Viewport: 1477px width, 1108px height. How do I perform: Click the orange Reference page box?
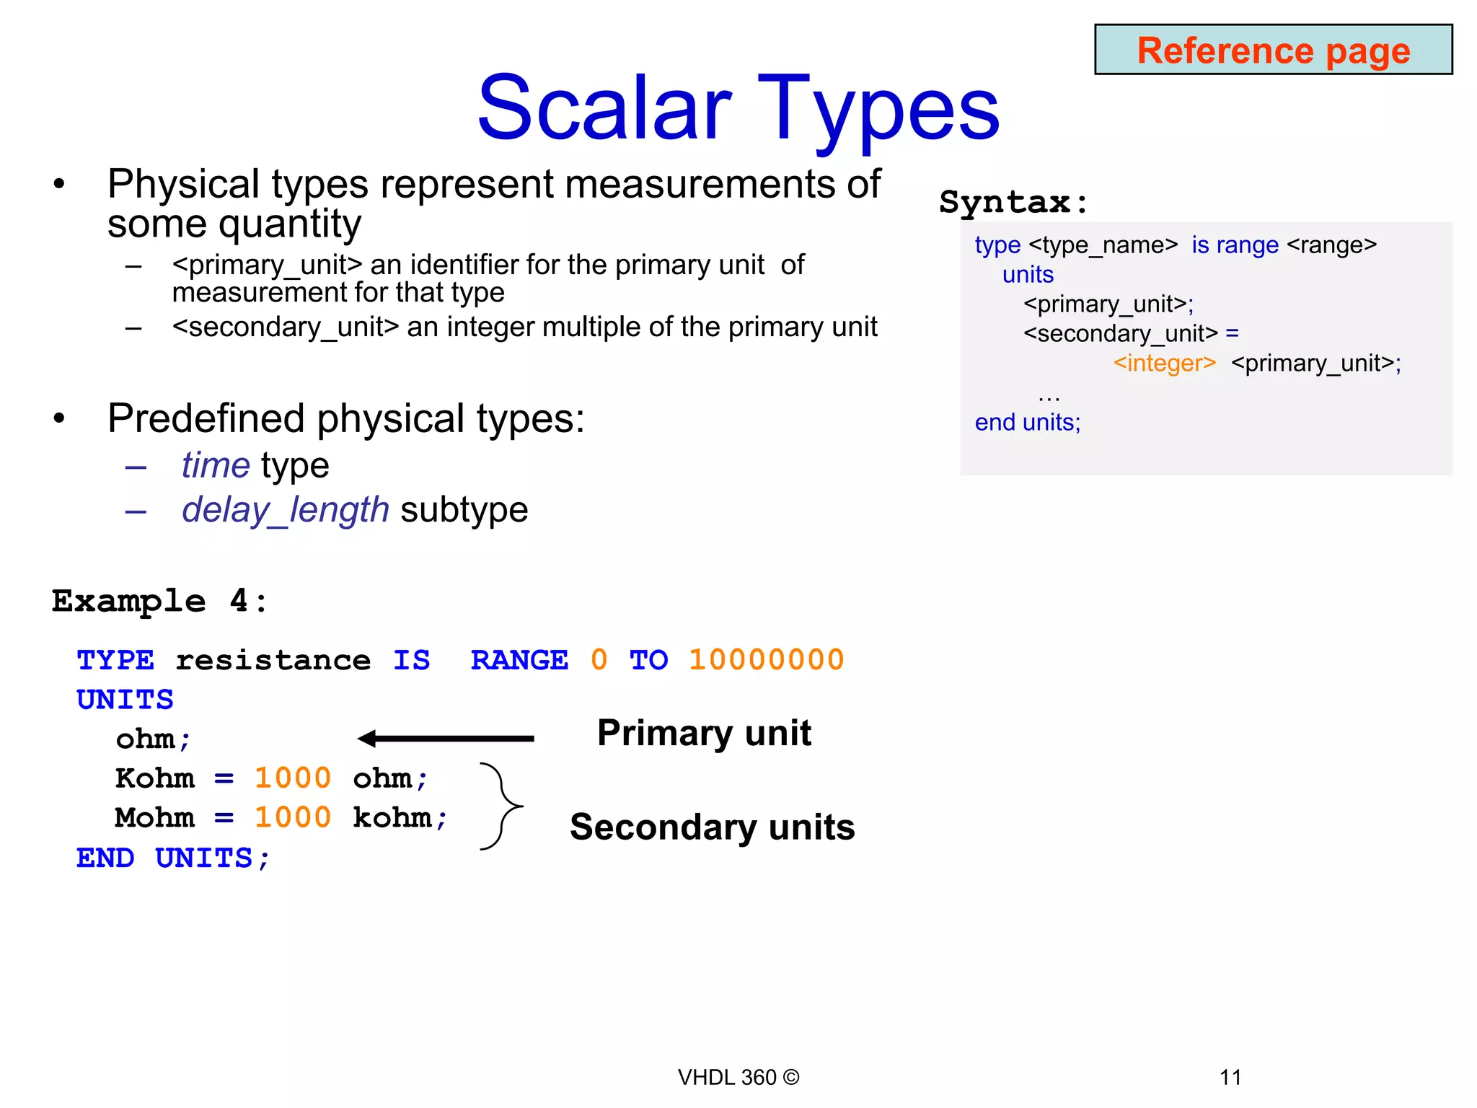1273,50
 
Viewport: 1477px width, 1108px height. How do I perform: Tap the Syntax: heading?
1013,202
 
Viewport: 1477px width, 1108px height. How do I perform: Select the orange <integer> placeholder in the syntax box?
1164,363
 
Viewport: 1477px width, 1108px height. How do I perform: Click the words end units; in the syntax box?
1028,422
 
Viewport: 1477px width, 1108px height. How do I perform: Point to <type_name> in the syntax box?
1103,245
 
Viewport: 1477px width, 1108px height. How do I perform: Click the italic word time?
216,465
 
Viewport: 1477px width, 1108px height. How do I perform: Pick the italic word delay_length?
286,510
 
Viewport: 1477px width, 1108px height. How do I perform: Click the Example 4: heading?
159,601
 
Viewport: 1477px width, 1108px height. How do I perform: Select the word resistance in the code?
273,660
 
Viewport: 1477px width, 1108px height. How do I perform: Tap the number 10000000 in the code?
766,660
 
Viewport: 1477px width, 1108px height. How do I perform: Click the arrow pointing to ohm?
446,738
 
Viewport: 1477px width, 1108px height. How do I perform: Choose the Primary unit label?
704,733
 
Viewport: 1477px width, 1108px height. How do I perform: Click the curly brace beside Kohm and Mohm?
502,806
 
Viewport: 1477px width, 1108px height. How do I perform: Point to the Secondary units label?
712,827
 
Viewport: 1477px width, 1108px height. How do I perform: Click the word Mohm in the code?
155,818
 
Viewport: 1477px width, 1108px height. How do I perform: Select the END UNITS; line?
173,858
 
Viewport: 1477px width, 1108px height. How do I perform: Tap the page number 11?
1230,1077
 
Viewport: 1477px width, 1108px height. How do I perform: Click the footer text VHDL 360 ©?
738,1077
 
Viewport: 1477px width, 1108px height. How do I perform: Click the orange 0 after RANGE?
599,660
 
